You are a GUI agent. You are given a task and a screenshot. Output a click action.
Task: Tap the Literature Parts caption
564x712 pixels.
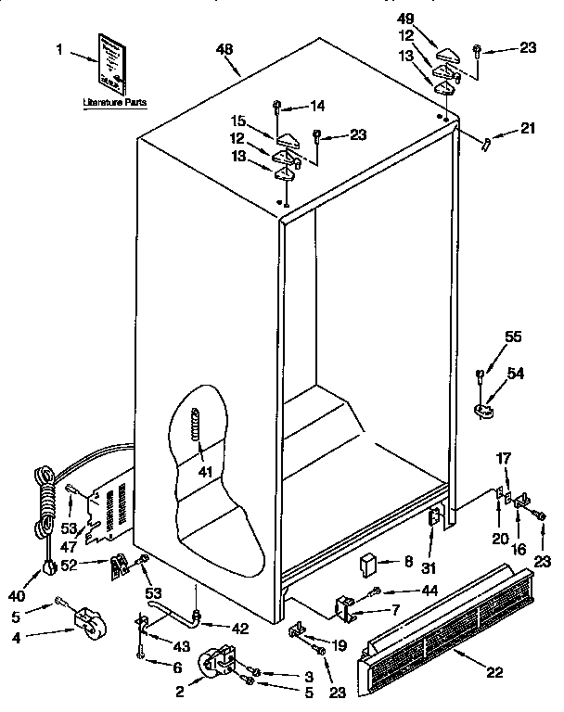coord(114,104)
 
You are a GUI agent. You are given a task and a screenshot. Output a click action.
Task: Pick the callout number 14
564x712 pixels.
coord(317,107)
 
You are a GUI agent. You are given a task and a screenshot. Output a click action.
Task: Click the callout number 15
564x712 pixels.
coord(238,121)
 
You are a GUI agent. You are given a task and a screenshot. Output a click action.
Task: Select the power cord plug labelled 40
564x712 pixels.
coord(44,568)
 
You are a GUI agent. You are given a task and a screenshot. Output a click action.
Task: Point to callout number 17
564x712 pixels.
coord(504,458)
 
